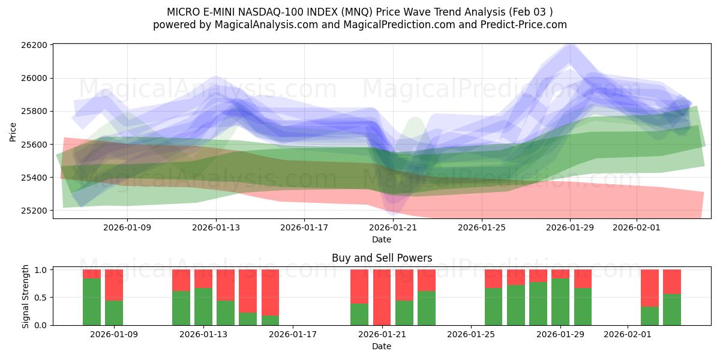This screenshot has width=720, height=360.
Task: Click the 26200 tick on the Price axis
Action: [x=34, y=45]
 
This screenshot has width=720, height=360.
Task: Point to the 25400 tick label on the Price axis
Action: [x=34, y=178]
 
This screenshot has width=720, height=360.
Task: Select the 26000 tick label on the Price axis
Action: [x=34, y=78]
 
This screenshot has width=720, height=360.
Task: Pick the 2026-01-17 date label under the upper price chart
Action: [x=304, y=227]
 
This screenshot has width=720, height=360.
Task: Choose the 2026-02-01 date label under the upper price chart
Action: [x=637, y=227]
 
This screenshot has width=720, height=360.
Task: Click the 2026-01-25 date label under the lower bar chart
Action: [x=471, y=334]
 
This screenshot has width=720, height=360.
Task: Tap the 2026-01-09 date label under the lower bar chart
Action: [x=114, y=334]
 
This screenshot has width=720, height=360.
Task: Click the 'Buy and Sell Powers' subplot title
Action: [x=382, y=258]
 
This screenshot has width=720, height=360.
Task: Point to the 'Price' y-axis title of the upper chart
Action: [x=13, y=131]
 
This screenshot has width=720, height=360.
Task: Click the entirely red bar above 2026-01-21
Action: [x=382, y=297]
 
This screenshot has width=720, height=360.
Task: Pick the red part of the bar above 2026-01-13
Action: [x=203, y=278]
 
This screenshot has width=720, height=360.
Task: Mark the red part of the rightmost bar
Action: [x=672, y=281]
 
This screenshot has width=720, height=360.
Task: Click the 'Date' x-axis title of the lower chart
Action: [x=382, y=346]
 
